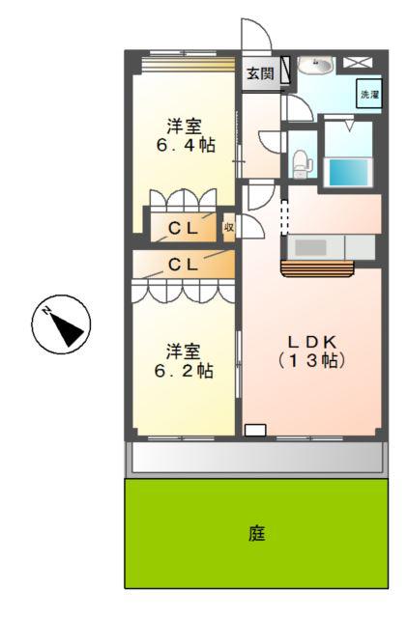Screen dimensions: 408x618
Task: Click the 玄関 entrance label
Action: pos(260,73)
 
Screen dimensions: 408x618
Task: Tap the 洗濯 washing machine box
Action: pos(369,94)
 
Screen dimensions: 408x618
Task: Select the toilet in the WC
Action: pos(302,163)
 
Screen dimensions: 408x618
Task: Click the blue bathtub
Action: pos(348,172)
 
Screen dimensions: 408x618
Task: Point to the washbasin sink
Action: pos(315,65)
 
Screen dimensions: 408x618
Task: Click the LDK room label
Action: pos(311,342)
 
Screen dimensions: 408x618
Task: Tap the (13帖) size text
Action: pos(311,360)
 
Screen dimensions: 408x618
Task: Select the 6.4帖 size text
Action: pos(186,145)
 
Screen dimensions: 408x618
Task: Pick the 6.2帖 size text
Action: pos(184,371)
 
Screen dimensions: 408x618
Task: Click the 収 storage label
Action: pos(229,228)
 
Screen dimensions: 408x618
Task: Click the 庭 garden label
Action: pos(257,533)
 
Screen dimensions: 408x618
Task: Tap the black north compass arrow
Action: pos(68,326)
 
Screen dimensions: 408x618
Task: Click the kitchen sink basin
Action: pos(311,247)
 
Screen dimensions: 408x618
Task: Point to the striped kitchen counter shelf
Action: pos(317,268)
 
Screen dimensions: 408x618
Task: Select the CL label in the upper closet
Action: pos(183,228)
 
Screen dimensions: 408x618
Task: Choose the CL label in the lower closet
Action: pos(183,265)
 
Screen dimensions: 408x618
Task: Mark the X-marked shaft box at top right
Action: pos(357,62)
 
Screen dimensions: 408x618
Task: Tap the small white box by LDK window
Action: pos(255,430)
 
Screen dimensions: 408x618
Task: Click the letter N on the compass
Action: pos(47,311)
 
